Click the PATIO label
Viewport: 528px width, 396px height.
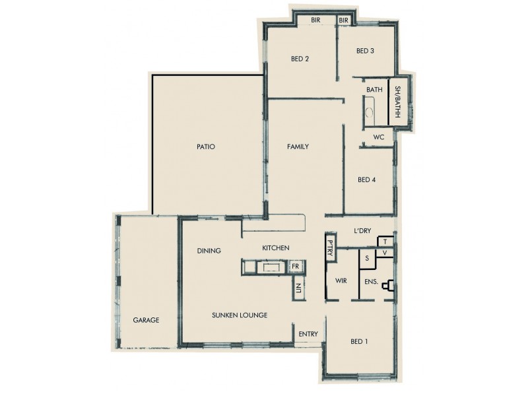tap(206, 147)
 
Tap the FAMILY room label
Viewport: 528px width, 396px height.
tap(298, 147)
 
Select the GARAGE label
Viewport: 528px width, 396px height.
tap(146, 320)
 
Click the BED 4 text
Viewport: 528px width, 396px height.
tap(366, 180)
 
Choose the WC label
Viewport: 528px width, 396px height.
tap(379, 137)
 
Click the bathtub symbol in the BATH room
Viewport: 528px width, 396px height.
tap(369, 109)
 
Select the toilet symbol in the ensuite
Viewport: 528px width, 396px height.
tap(391, 284)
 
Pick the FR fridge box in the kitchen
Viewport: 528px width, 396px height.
tap(295, 266)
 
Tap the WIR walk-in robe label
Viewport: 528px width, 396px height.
tap(341, 281)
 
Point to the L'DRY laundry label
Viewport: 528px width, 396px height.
tap(362, 230)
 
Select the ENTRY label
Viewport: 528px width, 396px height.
tap(308, 334)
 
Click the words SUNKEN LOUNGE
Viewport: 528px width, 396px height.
tap(240, 315)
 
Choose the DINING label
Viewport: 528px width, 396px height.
tap(209, 251)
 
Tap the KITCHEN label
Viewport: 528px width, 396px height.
tap(276, 247)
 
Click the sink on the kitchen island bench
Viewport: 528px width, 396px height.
tap(271, 267)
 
